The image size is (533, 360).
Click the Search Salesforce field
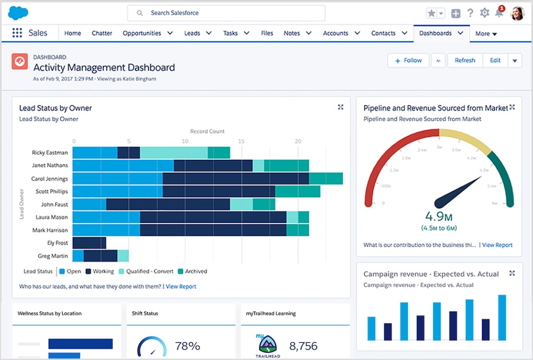pos(226,13)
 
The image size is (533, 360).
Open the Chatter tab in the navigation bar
pos(102,33)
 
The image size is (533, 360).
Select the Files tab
pos(267,33)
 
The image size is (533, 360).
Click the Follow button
pos(408,60)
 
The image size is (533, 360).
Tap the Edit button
pos(495,60)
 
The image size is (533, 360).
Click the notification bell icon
pos(499,13)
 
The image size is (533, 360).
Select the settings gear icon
pos(485,13)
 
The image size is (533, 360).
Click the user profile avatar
pos(517,13)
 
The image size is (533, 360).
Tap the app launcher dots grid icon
pos(17,33)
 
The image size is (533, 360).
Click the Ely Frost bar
pos(89,243)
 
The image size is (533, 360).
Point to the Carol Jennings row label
pos(49,179)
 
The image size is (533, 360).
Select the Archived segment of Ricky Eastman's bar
pos(219,153)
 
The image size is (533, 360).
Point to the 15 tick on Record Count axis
pos(241,141)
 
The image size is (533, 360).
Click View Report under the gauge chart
pos(497,245)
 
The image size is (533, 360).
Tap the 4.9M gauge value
pos(438,217)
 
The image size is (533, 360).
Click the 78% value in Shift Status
pos(187,346)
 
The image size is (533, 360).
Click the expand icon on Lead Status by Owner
pos(340,107)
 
